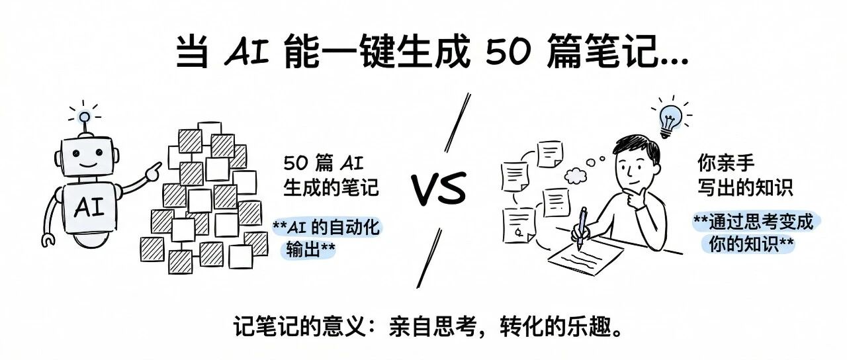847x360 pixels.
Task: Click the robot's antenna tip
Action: [x=84, y=118]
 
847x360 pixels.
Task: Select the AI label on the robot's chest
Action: [x=89, y=208]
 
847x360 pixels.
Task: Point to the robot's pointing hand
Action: [x=153, y=171]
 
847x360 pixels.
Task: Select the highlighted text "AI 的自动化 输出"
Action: [x=327, y=239]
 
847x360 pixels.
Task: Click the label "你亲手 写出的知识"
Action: [x=745, y=175]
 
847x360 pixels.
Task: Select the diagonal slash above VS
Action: [x=457, y=122]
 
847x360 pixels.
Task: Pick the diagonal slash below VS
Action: [x=428, y=259]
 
